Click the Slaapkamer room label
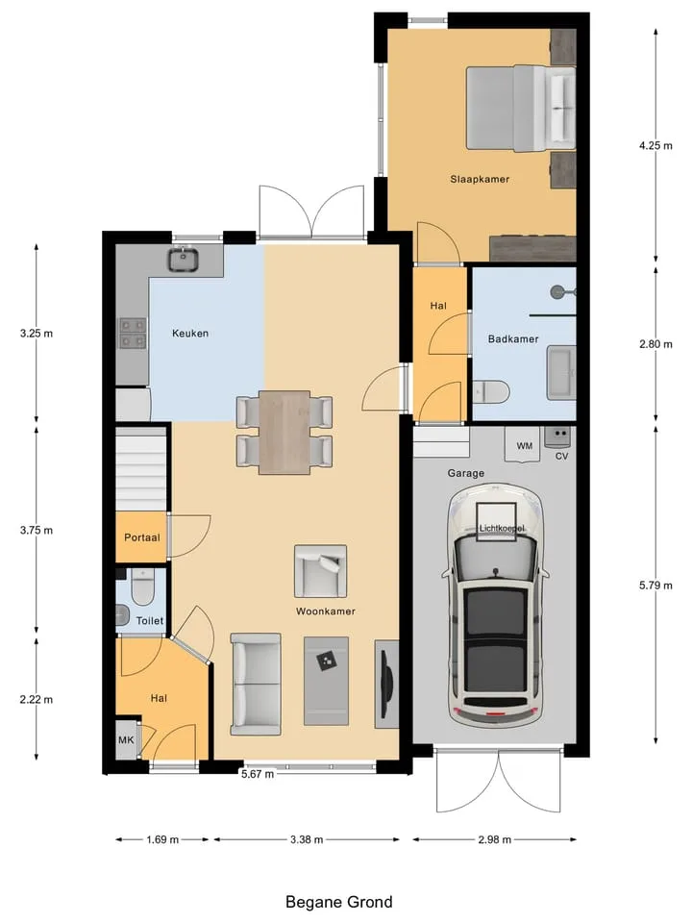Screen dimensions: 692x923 (x=480, y=179)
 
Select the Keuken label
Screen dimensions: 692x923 (x=190, y=334)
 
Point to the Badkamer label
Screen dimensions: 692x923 (x=513, y=339)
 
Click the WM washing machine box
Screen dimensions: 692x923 (x=524, y=444)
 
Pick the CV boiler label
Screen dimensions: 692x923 (x=561, y=456)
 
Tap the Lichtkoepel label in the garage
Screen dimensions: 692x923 (x=502, y=529)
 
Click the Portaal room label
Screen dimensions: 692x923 (x=142, y=537)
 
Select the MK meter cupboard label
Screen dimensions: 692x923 (x=126, y=740)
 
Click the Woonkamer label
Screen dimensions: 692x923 (x=326, y=611)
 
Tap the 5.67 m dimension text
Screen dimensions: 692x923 (x=258, y=774)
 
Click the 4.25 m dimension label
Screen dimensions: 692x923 (x=655, y=145)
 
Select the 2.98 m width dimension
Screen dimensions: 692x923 (x=494, y=840)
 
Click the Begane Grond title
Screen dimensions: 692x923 (x=339, y=902)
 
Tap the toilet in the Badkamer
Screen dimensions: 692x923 (x=491, y=392)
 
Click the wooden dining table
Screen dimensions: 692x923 (x=284, y=432)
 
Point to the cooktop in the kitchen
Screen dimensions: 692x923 (x=133, y=334)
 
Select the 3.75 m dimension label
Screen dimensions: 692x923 (x=37, y=531)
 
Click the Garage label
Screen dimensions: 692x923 (x=466, y=473)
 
